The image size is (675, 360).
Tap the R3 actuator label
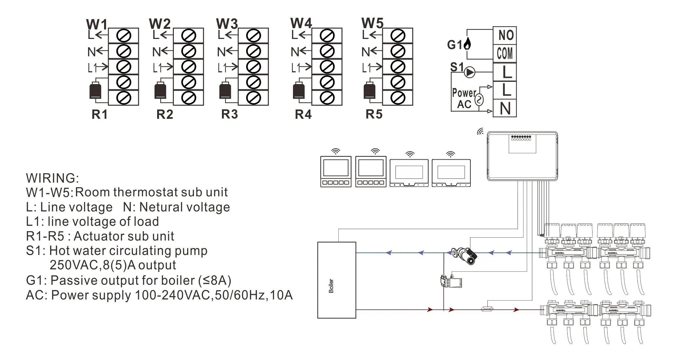pyautogui.click(x=229, y=114)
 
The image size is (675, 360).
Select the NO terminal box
pyautogui.click(x=504, y=35)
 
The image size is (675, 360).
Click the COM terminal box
pyautogui.click(x=504, y=53)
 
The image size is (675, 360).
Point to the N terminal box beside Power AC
pyautogui.click(x=504, y=108)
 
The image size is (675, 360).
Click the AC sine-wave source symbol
pyautogui.click(x=479, y=99)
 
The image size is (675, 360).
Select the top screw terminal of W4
pyautogui.click(x=327, y=36)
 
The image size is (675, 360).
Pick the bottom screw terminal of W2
pyautogui.click(x=188, y=98)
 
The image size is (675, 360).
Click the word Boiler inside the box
pyautogui.click(x=331, y=286)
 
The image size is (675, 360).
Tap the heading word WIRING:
pyautogui.click(x=52, y=178)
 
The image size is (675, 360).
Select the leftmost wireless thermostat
pyautogui.click(x=336, y=171)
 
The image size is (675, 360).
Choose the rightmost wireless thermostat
pyautogui.click(x=451, y=173)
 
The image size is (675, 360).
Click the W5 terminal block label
pyautogui.click(x=372, y=24)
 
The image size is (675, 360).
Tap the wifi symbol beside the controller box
pyautogui.click(x=480, y=132)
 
